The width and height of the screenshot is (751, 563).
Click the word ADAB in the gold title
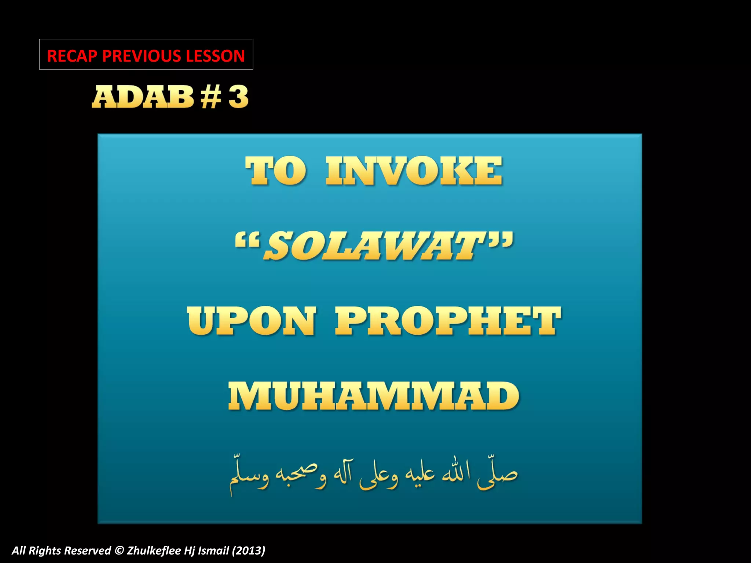click(x=143, y=97)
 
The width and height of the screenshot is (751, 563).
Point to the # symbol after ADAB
click(x=211, y=97)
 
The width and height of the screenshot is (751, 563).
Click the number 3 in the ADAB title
click(x=238, y=97)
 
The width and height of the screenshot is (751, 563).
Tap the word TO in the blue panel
click(x=275, y=171)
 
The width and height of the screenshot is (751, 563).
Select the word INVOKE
click(x=414, y=171)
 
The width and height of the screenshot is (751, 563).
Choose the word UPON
click(x=251, y=321)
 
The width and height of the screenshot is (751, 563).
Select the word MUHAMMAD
click(x=374, y=396)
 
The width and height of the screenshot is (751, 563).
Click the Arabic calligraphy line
click(x=373, y=475)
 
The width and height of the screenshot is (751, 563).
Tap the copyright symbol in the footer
click(x=119, y=551)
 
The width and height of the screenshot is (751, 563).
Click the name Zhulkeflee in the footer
click(x=155, y=551)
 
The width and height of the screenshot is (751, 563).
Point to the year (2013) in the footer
click(x=248, y=551)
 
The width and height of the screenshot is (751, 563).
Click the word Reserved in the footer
click(x=88, y=551)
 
